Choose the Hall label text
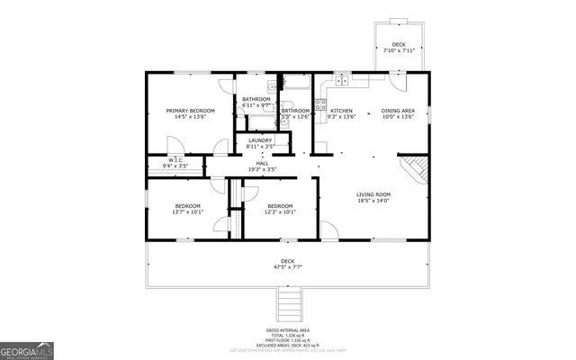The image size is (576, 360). tap(262, 166)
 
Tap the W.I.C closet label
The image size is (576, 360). tap(175, 163)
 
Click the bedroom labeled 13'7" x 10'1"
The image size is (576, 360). tap(188, 209)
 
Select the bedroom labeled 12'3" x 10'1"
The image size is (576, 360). tap(280, 209)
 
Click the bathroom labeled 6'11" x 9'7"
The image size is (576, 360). tap(256, 102)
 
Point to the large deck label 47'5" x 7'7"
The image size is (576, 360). tap(287, 264)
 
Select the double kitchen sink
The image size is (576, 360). tap(342, 80)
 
